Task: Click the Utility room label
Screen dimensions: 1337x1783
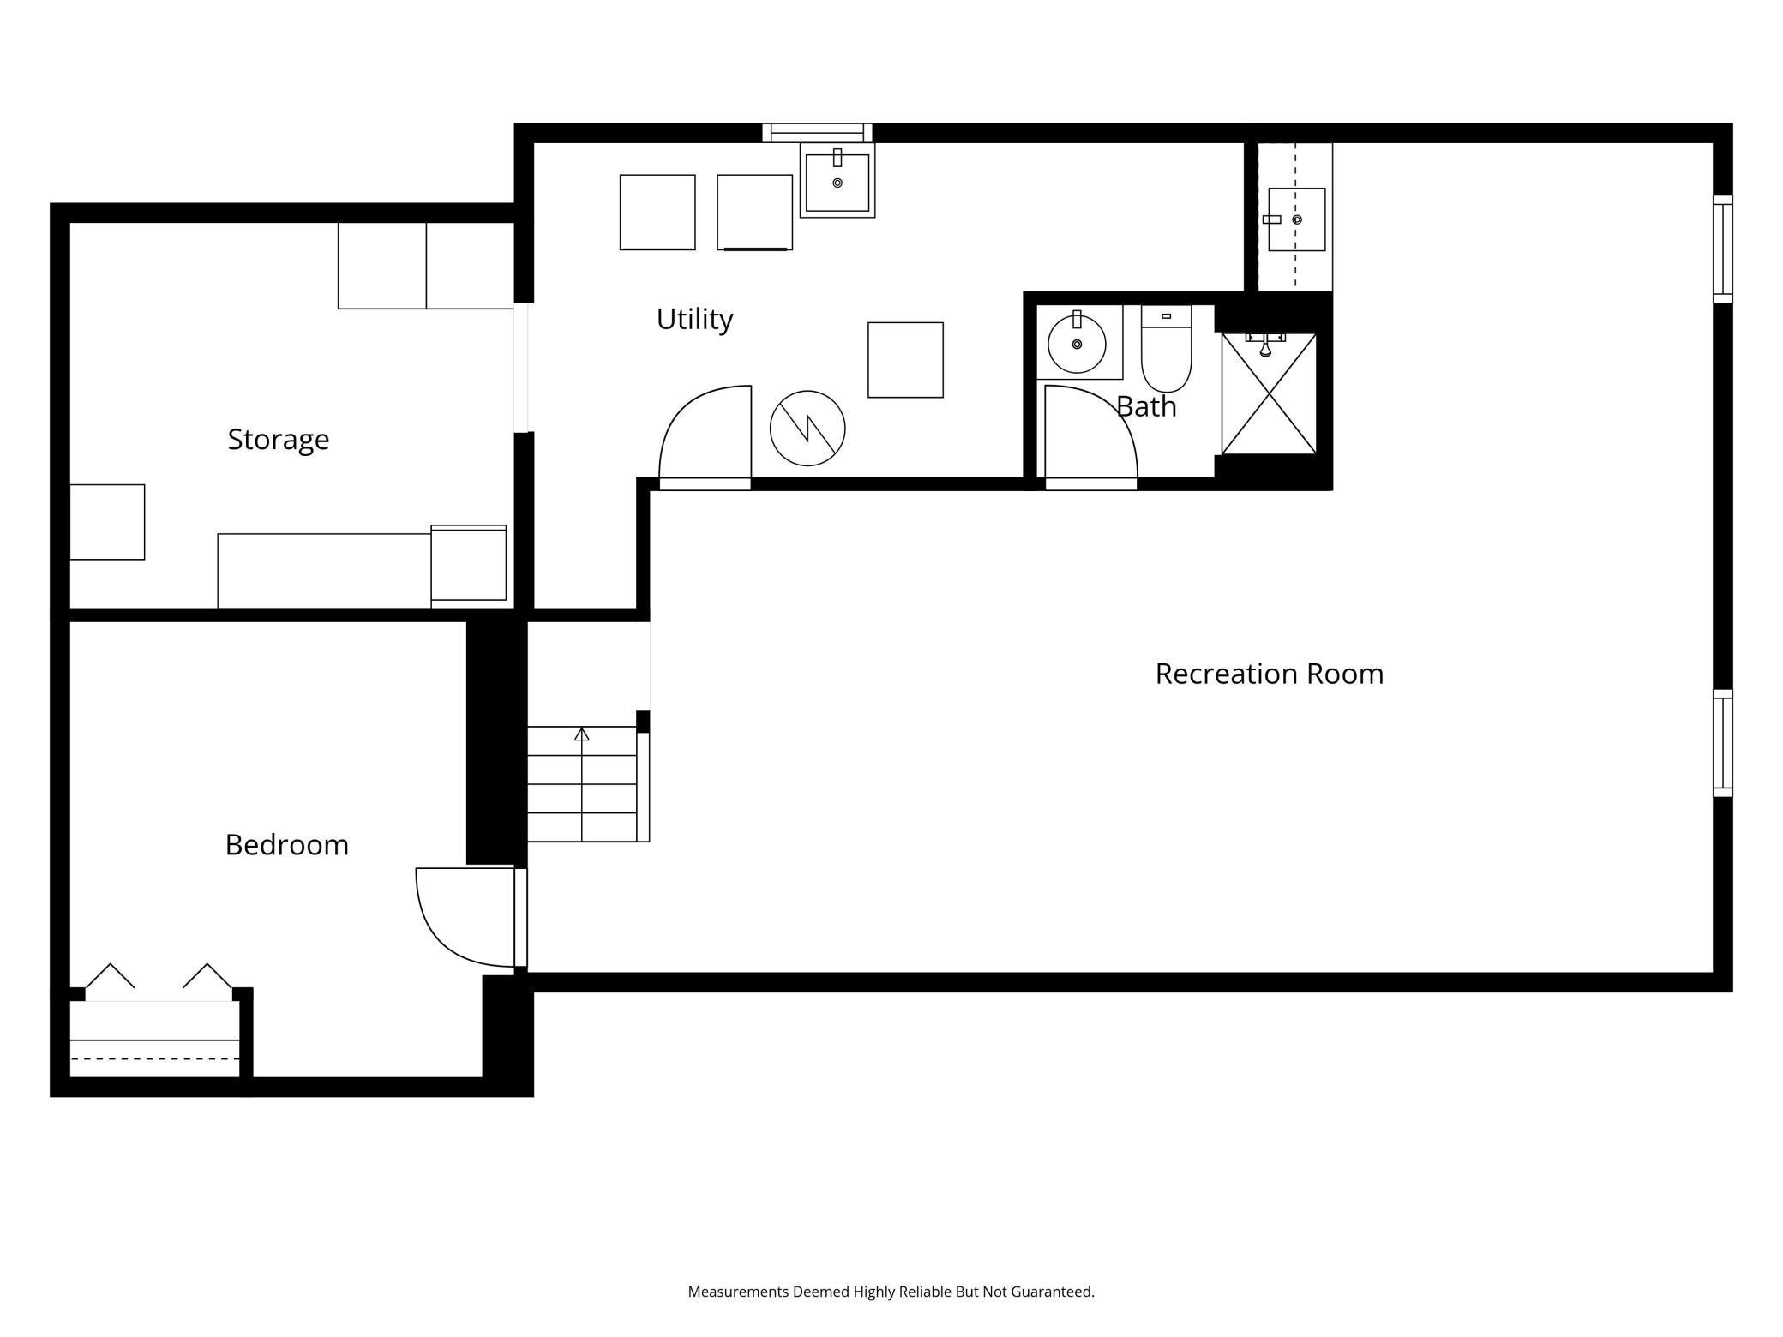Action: [x=694, y=319]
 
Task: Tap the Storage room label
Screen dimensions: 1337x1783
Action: [x=278, y=439]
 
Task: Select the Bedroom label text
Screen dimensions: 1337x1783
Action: [x=286, y=845]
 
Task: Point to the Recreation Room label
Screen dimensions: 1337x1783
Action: [x=1269, y=674]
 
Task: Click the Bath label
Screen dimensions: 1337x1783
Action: [x=1146, y=406]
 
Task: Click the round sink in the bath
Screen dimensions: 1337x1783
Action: [x=1077, y=344]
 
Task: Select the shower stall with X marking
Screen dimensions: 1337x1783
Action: [x=1269, y=394]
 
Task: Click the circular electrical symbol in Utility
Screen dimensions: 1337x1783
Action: [x=807, y=428]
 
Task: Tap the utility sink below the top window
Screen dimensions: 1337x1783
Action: [x=837, y=181]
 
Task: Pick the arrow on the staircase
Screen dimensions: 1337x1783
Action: [x=582, y=734]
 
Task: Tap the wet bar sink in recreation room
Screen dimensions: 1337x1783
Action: [x=1296, y=219]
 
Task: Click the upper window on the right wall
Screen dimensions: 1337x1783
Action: [x=1722, y=249]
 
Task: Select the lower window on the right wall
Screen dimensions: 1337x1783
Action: [x=1722, y=743]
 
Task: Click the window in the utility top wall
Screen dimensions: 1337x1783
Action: [x=817, y=133]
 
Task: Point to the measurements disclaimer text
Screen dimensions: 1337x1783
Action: [x=891, y=1292]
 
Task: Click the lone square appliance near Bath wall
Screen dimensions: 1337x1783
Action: [x=905, y=360]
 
